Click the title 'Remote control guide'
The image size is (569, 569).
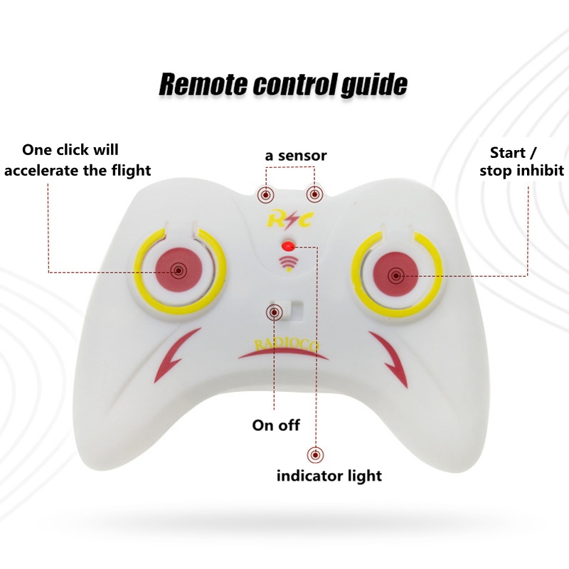(x=283, y=83)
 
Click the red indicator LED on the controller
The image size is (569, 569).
(x=287, y=246)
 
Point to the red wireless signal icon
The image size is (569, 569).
(x=287, y=264)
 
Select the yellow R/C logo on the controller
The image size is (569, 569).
(x=289, y=219)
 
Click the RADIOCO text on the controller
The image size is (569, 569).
(x=287, y=345)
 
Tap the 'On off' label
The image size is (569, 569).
(x=276, y=425)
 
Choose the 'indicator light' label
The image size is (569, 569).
(x=329, y=475)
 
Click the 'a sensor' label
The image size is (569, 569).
(x=296, y=155)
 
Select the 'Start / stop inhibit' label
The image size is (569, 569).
(x=521, y=161)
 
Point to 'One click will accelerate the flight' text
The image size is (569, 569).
(x=78, y=160)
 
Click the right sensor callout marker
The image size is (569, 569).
(x=314, y=193)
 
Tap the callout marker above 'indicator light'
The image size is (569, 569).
(x=314, y=453)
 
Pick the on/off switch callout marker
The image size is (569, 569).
(x=275, y=312)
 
